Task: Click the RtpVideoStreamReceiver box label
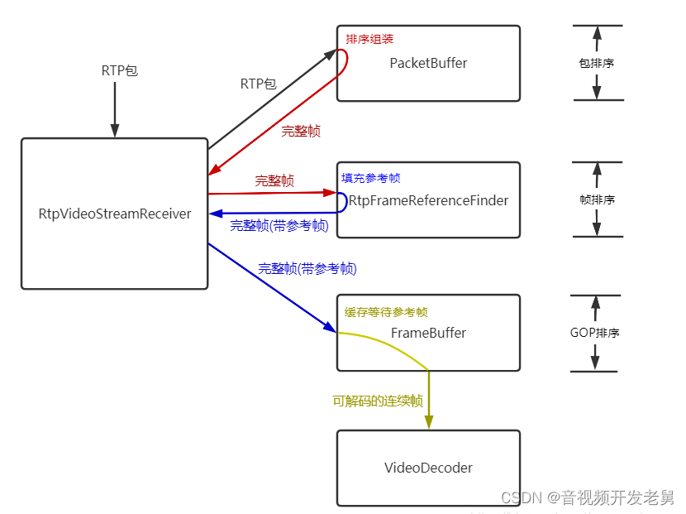click(x=115, y=214)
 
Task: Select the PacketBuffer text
click(x=428, y=63)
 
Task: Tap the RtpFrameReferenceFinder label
click(x=428, y=200)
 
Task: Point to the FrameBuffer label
click(x=428, y=333)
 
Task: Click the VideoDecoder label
click(x=428, y=468)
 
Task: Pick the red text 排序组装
click(x=369, y=38)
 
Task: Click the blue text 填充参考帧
click(x=371, y=178)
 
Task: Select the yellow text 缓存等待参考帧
click(x=386, y=312)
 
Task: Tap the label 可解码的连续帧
click(x=378, y=401)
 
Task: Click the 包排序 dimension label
click(x=596, y=63)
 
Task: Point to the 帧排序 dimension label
click(x=596, y=199)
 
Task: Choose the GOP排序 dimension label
click(x=595, y=333)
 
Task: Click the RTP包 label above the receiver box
click(x=120, y=70)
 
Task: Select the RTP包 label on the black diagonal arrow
click(x=259, y=84)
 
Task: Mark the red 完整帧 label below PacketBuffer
click(x=301, y=131)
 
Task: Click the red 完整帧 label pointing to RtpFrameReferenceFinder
click(x=274, y=180)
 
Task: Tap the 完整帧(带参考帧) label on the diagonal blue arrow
click(x=307, y=268)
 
